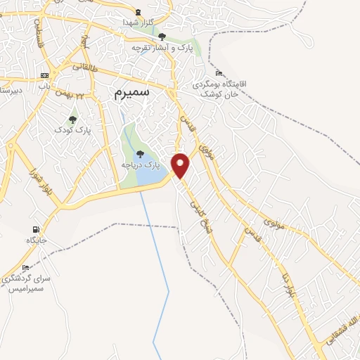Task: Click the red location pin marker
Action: (181, 166)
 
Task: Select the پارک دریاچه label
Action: (141, 164)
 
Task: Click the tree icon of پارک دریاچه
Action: (140, 153)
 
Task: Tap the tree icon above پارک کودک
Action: (72, 120)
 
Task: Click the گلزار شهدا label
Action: (138, 22)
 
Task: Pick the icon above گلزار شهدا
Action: (138, 11)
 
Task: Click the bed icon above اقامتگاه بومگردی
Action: (219, 73)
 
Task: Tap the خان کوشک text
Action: (214, 94)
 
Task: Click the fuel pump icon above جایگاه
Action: (35, 230)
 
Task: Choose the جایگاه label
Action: (36, 240)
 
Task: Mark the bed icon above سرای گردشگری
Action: (26, 268)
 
